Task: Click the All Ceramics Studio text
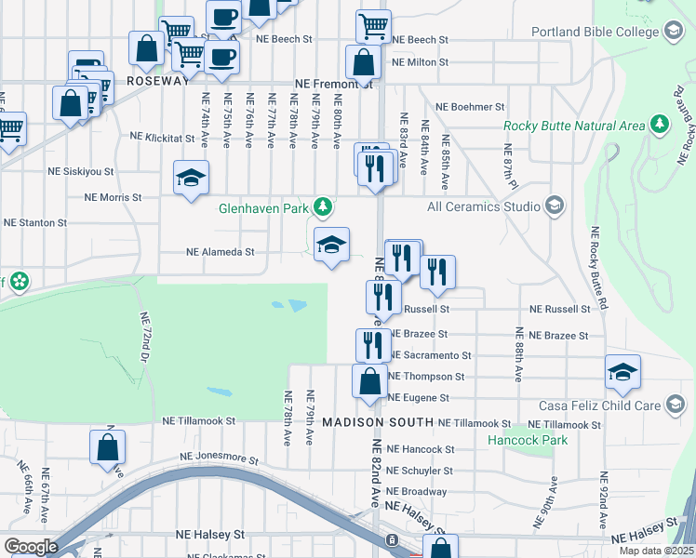tap(483, 206)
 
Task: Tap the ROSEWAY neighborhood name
tap(157, 82)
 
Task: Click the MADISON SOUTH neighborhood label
tap(377, 422)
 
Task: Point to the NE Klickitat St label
tap(163, 136)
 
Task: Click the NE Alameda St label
tap(221, 251)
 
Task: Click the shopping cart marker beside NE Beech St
tap(373, 25)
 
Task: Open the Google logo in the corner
tap(31, 547)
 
